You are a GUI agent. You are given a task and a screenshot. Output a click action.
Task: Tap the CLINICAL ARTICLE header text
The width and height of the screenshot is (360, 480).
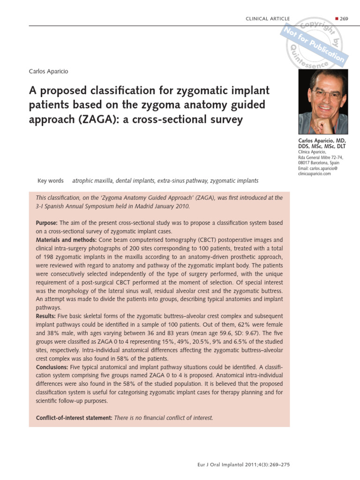pyautogui.click(x=268, y=18)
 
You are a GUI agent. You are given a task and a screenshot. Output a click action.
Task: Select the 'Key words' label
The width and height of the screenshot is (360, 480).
pyautogui.click(x=50, y=181)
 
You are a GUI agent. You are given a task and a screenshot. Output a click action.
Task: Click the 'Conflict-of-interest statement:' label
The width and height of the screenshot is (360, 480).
pyautogui.click(x=74, y=418)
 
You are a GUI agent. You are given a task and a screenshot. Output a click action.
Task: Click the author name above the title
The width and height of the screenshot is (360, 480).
pyautogui.click(x=49, y=71)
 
